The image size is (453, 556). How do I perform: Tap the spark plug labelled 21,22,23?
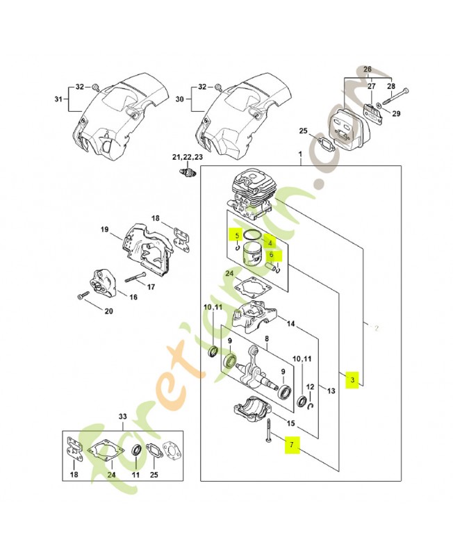188,172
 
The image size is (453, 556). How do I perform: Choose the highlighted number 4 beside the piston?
270,243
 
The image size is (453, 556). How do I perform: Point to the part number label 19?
104,229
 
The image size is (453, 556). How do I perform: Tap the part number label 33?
123,416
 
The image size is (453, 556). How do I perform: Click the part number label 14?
290,324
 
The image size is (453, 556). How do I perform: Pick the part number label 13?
331,391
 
